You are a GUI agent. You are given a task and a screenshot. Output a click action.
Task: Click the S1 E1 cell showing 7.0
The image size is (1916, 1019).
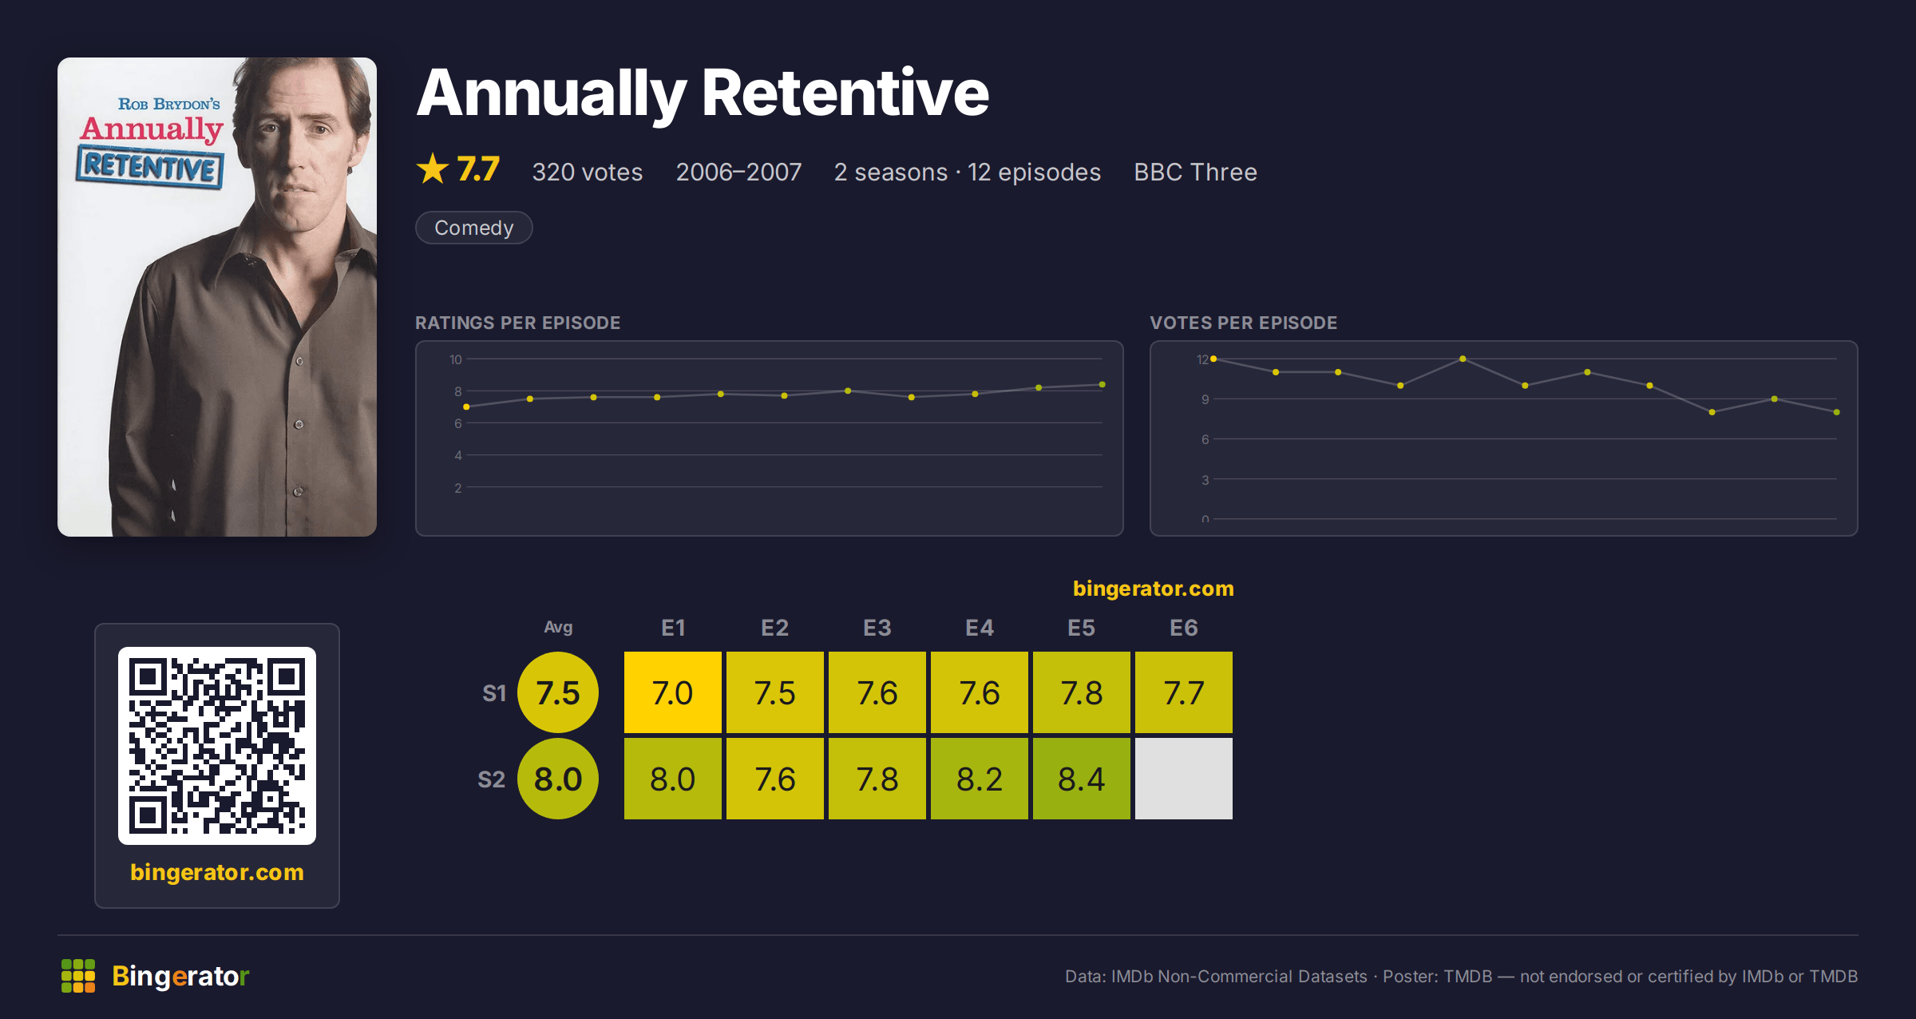[x=672, y=692]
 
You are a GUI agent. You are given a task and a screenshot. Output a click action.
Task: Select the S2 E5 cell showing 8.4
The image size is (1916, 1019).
[x=1081, y=779]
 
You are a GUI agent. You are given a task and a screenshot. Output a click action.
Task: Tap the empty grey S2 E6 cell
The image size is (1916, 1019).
[x=1183, y=779]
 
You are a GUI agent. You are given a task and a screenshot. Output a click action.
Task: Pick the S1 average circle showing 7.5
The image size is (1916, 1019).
[x=558, y=692]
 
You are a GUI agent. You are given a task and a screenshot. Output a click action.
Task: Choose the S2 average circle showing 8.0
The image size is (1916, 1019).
[x=558, y=779]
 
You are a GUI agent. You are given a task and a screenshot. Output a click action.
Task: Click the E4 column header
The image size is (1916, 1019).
[x=980, y=628]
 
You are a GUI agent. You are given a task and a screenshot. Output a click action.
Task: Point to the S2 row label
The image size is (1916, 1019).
[x=492, y=779]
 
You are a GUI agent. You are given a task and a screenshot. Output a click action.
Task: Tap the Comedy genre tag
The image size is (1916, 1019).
[x=474, y=228]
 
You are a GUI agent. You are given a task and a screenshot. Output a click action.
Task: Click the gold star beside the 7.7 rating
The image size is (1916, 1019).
[x=433, y=169]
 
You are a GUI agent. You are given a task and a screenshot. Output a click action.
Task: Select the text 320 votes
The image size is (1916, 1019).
[x=588, y=172]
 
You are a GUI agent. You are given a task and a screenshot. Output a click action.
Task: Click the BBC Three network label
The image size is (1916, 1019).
[x=1195, y=172]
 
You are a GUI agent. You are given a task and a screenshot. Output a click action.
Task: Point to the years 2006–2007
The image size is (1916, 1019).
[x=738, y=172]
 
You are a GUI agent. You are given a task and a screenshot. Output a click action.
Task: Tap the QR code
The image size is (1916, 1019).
[x=217, y=746]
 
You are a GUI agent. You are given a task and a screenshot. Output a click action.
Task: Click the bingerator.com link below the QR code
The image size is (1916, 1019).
[x=217, y=872]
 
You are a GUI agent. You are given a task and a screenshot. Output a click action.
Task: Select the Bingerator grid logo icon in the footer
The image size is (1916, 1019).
[x=78, y=976]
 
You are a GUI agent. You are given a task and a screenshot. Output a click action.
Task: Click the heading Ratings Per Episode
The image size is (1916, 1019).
[x=518, y=323]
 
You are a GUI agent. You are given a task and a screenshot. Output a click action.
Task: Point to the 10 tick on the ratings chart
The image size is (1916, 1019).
[x=456, y=359]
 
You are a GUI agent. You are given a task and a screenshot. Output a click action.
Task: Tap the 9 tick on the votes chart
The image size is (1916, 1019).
[x=1205, y=399]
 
